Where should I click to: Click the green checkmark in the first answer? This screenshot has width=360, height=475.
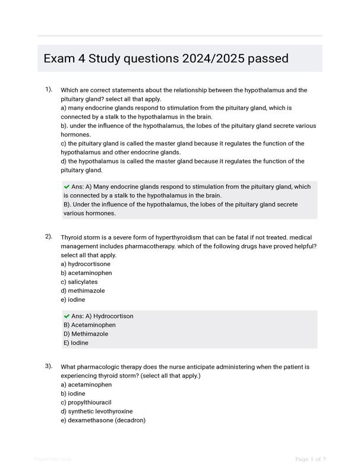pyautogui.click(x=67, y=186)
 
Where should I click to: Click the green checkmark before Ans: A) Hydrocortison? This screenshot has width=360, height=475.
pyautogui.click(x=67, y=316)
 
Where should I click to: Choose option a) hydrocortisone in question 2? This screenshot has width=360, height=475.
pyautogui.click(x=86, y=264)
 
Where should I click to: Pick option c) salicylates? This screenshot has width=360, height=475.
pyautogui.click(x=79, y=281)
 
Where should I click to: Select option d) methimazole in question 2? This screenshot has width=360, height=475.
pyautogui.click(x=83, y=290)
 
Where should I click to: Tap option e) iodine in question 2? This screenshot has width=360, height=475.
pyautogui.click(x=73, y=299)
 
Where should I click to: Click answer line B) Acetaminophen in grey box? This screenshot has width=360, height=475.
pyautogui.click(x=90, y=325)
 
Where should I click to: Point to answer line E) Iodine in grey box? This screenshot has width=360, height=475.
pyautogui.click(x=76, y=343)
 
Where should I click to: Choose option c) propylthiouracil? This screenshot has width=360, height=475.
pyautogui.click(x=86, y=402)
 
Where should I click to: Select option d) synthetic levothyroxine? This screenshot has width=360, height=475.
pyautogui.click(x=96, y=411)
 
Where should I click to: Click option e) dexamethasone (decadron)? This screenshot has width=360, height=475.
pyautogui.click(x=103, y=420)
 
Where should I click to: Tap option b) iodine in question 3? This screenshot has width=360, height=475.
pyautogui.click(x=73, y=393)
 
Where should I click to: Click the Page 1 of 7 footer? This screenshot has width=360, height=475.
pyautogui.click(x=310, y=458)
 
